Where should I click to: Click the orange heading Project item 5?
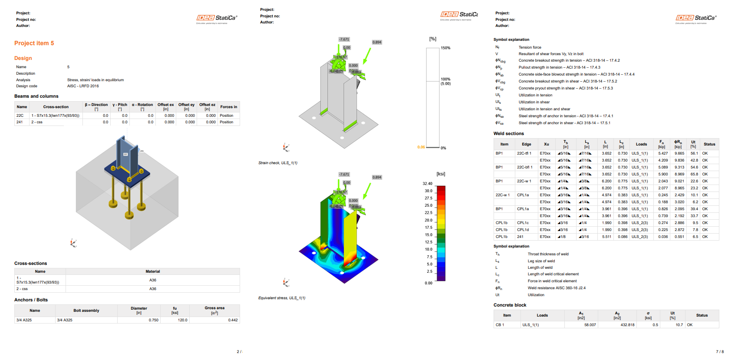tap(34, 43)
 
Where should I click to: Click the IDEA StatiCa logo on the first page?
tap(217, 18)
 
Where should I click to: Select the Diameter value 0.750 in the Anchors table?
tap(153, 320)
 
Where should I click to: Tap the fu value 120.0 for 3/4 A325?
tap(182, 320)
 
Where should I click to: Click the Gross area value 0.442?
tap(233, 320)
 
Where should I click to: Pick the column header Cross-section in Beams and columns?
tap(56, 107)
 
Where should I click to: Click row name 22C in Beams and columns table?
tap(20, 116)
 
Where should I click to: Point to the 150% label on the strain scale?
tap(445, 48)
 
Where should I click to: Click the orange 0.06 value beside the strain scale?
tap(421, 147)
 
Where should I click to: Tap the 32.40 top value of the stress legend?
tap(427, 184)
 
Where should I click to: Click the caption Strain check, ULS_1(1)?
tap(278, 163)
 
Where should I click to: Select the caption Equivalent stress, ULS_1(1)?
tap(282, 298)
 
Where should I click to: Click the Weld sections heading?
tap(508, 134)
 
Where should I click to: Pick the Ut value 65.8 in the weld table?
tap(694, 174)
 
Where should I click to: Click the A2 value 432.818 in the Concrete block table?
tap(627, 325)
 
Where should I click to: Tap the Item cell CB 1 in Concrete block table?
tap(500, 325)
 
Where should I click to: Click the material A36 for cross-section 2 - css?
tap(153, 289)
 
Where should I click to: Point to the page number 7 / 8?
tap(719, 352)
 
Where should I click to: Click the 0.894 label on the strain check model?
tap(376, 42)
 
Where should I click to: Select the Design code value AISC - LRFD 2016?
tap(83, 86)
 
